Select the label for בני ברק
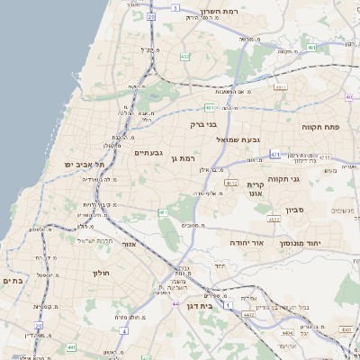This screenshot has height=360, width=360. [x=204, y=124]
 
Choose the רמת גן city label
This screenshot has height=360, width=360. [x=182, y=158]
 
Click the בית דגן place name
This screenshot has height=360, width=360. [x=198, y=307]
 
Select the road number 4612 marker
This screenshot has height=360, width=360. [x=231, y=183]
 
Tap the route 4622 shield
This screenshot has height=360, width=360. [x=274, y=218]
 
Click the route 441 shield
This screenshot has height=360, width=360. [x=70, y=346]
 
